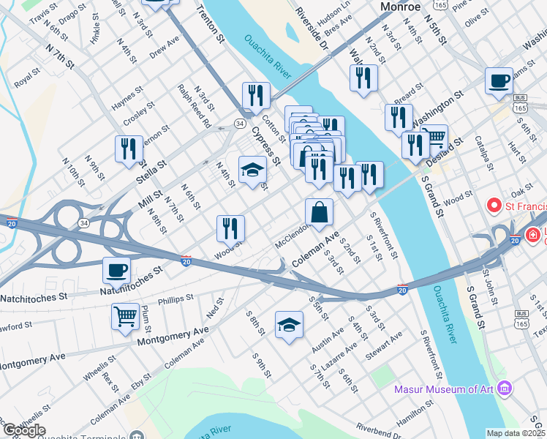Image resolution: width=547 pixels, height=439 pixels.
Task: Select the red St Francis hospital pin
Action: [494, 206]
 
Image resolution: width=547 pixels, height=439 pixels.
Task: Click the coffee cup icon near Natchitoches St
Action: [117, 270]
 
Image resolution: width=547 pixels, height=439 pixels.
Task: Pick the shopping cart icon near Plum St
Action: [125, 316]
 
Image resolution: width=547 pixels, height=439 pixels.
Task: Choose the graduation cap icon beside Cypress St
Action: [253, 168]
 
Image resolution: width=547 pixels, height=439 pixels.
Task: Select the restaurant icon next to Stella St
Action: [129, 149]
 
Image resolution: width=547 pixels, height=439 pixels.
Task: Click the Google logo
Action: [23, 430]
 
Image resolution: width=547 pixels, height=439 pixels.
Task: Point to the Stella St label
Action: [152, 172]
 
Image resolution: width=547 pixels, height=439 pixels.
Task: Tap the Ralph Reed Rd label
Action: [193, 106]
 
